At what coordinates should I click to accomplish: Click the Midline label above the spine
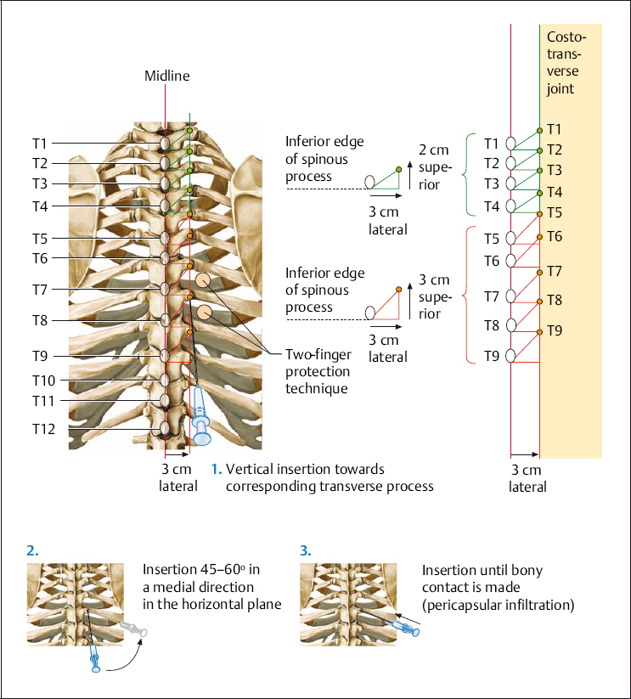click(166, 76)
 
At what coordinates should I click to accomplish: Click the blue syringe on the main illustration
click(200, 416)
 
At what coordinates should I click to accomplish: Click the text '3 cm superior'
click(434, 296)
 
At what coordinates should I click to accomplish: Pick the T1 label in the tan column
click(555, 129)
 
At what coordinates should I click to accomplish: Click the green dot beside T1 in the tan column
click(539, 130)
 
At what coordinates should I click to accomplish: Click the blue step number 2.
click(32, 550)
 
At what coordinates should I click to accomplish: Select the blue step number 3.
click(306, 550)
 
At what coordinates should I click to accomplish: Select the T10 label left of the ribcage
click(44, 380)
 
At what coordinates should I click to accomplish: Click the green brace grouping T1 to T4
click(465, 174)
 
